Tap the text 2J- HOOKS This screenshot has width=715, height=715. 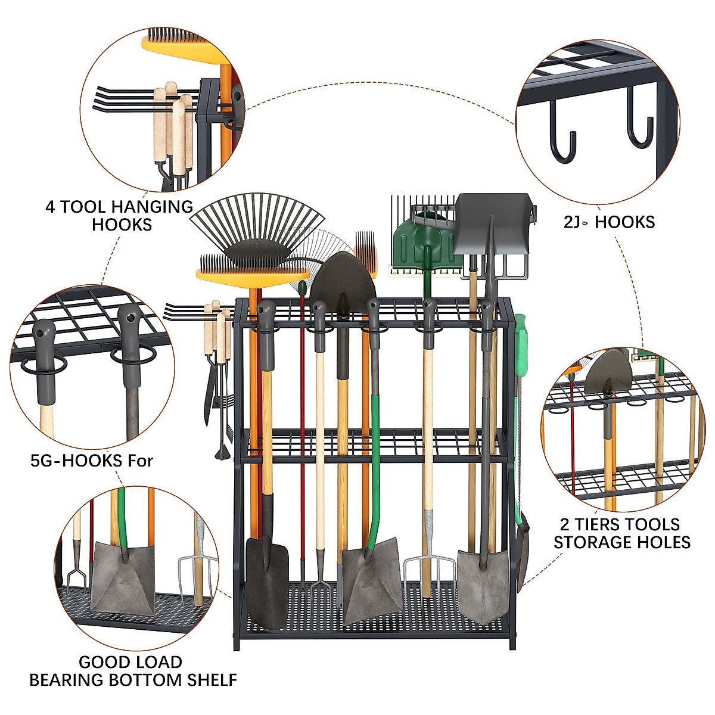609,222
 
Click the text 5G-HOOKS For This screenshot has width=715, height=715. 92,461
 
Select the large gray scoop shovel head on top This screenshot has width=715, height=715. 492,223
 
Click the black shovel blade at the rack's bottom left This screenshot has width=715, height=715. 266,581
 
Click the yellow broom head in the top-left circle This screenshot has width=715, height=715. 179,48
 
